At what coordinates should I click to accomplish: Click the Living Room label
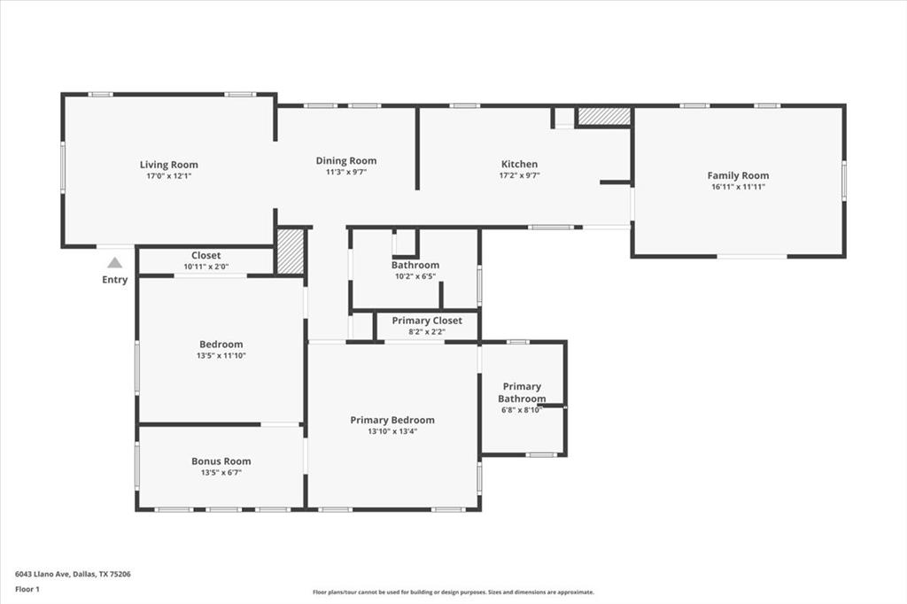168,164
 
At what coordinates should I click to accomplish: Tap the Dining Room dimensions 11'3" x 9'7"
346,173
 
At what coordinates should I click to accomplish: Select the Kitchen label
519,164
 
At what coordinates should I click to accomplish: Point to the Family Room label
738,175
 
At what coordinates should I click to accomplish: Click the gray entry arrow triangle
114,262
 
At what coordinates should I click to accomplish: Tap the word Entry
114,280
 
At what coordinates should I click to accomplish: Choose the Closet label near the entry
205,255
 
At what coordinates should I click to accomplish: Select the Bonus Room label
221,461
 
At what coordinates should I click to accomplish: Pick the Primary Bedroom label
392,420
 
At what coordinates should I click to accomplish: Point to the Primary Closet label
427,321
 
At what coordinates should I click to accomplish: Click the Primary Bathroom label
522,392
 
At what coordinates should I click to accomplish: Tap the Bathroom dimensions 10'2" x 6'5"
415,276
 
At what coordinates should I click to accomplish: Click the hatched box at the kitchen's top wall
604,116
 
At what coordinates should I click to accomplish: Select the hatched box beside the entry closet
291,252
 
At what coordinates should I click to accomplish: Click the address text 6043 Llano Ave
73,574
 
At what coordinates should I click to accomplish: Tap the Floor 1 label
27,588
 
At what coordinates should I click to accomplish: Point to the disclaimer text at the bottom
453,592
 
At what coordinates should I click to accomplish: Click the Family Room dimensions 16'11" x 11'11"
738,187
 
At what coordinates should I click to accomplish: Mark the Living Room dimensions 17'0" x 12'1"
168,175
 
